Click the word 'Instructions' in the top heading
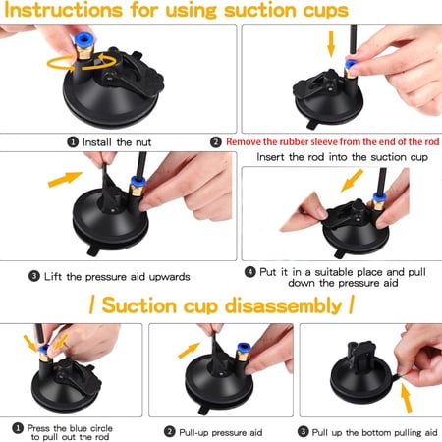[63, 10]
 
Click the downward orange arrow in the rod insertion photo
[331, 44]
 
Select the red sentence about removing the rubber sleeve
[332, 141]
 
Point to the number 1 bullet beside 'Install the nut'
[73, 142]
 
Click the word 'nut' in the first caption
[143, 142]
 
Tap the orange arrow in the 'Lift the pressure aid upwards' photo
[65, 179]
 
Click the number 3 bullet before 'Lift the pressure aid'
[34, 277]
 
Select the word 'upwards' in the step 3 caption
[169, 277]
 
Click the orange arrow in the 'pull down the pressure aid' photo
[352, 180]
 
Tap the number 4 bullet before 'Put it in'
[250, 272]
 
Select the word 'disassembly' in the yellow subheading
[283, 305]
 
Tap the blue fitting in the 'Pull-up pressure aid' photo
[244, 349]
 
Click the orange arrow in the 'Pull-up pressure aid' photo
[189, 350]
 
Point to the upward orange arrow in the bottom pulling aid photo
[407, 398]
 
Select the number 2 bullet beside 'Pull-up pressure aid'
[169, 432]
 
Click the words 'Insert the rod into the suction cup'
[343, 157]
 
